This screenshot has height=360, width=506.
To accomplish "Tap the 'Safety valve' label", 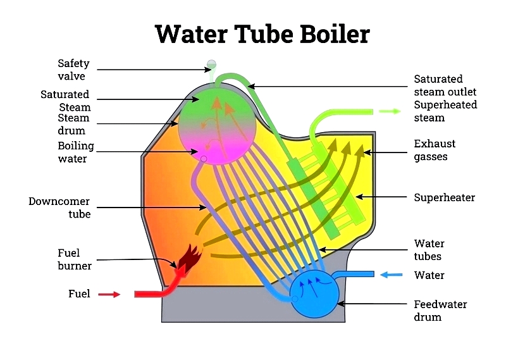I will point(73,70).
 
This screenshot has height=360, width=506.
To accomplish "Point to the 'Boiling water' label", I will point(76,152).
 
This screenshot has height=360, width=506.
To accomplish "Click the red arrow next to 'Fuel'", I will point(109,294).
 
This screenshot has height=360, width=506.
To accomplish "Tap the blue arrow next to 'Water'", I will point(390,275).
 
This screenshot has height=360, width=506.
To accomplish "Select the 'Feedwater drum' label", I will point(440,310).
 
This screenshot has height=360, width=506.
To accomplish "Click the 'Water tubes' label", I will point(429,250).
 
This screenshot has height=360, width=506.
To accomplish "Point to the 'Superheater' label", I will point(444,197).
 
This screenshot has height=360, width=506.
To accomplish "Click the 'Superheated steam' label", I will point(445,111).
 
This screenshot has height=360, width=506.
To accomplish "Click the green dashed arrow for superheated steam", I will point(389,111).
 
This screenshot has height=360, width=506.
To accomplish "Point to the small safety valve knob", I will point(211,65).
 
